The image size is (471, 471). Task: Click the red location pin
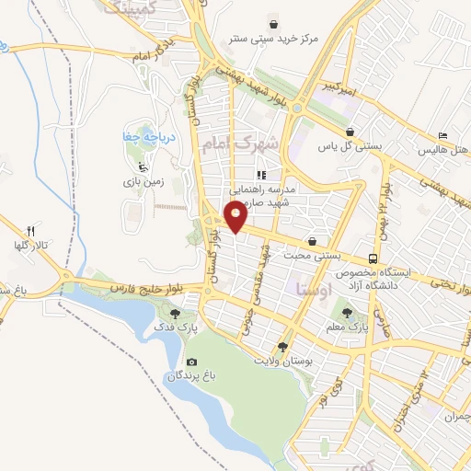(x=236, y=217)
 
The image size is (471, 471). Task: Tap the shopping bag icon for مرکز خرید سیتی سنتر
(x=273, y=23)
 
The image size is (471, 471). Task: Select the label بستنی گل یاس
(x=337, y=146)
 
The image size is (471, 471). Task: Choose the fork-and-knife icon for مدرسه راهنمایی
(x=261, y=174)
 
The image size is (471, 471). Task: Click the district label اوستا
(x=311, y=289)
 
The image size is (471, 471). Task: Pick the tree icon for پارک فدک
(x=176, y=313)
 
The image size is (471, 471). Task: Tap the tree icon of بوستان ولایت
(x=282, y=347)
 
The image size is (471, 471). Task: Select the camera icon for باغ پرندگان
(x=191, y=362)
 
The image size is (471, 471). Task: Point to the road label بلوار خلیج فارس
(x=147, y=287)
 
